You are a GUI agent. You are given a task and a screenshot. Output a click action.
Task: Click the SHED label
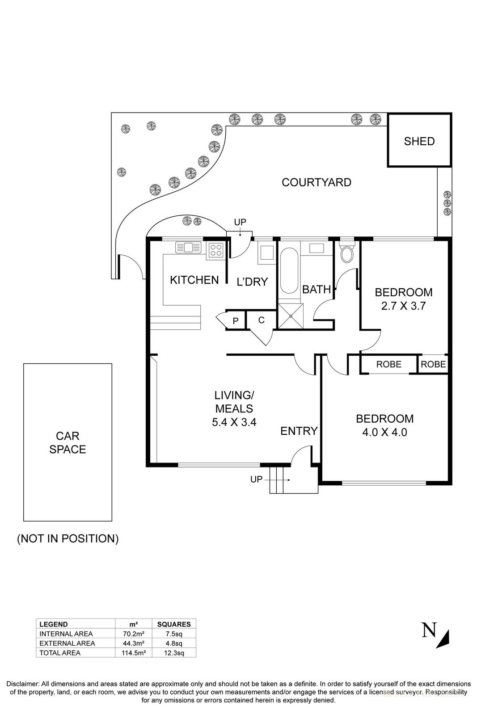tap(419, 141)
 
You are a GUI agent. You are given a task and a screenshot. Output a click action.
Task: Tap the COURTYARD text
tap(316, 182)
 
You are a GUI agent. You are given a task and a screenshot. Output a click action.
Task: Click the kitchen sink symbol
tap(190, 247)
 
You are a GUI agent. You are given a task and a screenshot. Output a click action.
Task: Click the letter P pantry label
tap(236, 321)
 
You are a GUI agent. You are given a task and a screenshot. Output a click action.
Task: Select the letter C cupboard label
tap(262, 320)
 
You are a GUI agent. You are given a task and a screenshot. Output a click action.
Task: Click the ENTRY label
tap(299, 431)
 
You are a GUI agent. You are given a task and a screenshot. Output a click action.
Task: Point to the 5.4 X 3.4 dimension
tap(234, 422)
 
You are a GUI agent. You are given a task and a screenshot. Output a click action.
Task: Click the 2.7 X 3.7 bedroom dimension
tap(403, 306)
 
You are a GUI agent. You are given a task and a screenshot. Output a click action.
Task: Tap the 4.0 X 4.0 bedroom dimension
tap(384, 432)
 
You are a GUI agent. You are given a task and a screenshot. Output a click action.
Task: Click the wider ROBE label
tap(388, 364)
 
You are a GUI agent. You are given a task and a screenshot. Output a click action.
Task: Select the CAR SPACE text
tap(68, 442)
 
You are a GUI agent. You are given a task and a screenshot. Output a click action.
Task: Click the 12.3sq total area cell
tap(174, 653)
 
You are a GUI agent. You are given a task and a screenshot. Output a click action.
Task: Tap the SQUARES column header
tap(174, 624)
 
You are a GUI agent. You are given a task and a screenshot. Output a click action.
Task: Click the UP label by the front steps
tap(256, 479)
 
